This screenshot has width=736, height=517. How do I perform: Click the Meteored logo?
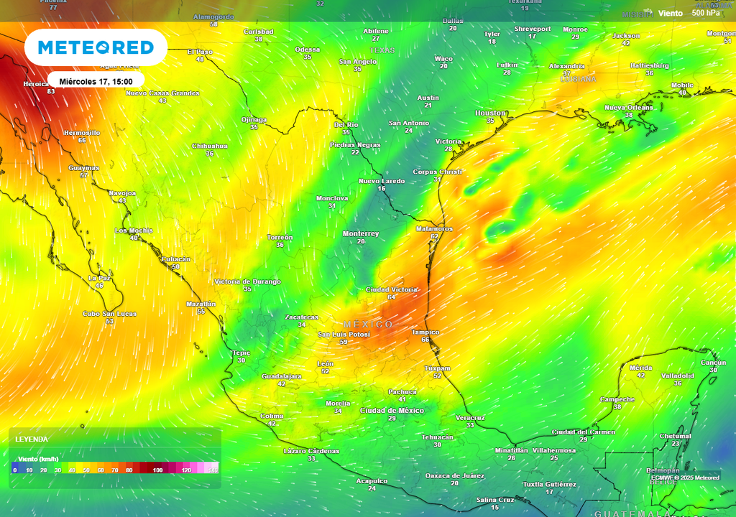96,48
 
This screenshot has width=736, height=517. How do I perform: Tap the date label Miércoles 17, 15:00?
96,81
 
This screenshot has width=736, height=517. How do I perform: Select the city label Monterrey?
361,234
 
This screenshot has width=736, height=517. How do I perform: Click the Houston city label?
491,113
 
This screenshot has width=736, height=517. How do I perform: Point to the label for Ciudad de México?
392,411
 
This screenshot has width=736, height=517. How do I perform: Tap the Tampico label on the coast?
425,332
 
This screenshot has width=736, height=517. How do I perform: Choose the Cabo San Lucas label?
109,314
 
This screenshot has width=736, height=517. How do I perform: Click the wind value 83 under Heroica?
51,92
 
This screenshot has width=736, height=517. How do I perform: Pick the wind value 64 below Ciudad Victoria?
391,297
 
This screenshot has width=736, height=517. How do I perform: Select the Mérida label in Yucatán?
640,368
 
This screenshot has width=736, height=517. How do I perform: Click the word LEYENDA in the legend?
32,439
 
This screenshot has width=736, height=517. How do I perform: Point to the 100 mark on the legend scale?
158,470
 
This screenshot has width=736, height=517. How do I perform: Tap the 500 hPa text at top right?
705,13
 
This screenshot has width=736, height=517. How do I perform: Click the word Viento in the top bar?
671,13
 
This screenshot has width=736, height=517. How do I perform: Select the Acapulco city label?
372,481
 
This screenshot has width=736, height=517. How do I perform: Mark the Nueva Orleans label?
629,108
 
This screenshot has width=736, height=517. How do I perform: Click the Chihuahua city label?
210,146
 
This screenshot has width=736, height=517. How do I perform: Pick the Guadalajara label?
281,376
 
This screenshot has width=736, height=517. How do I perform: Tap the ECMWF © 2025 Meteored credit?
685,478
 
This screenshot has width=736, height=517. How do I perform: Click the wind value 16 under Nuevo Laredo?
382,188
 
